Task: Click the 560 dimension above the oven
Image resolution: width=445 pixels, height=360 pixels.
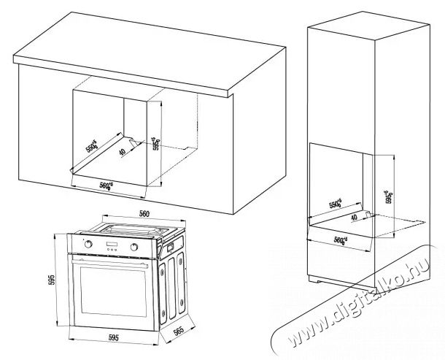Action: pyautogui.click(x=144, y=214)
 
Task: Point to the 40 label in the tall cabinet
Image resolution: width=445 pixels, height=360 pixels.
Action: pyautogui.click(x=355, y=217)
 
